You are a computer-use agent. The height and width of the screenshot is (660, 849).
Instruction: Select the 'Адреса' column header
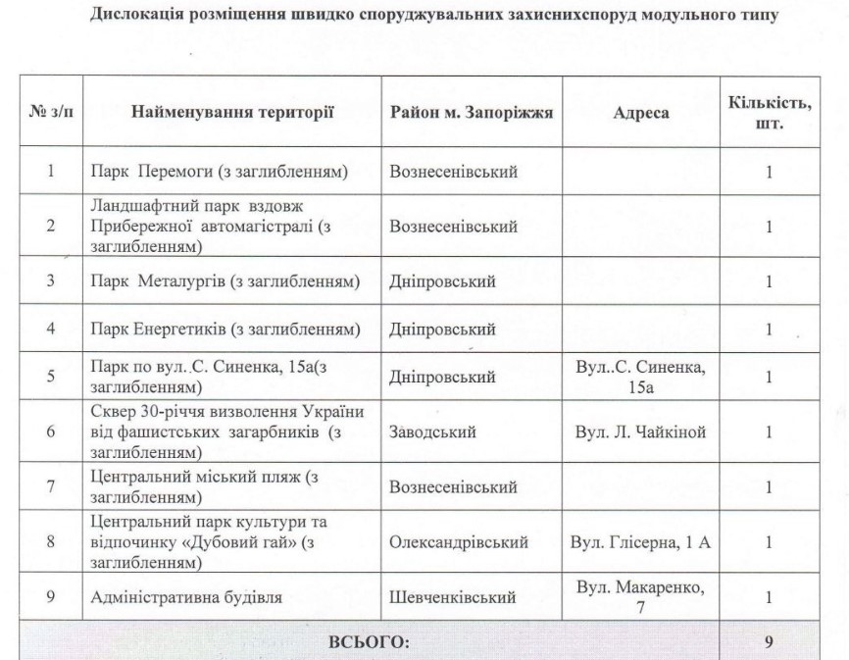[640, 113]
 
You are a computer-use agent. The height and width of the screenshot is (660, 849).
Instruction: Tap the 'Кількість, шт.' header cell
[768, 112]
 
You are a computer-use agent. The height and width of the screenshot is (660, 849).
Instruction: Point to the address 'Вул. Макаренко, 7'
[640, 595]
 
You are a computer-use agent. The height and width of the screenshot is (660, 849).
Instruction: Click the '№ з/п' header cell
[50, 113]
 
